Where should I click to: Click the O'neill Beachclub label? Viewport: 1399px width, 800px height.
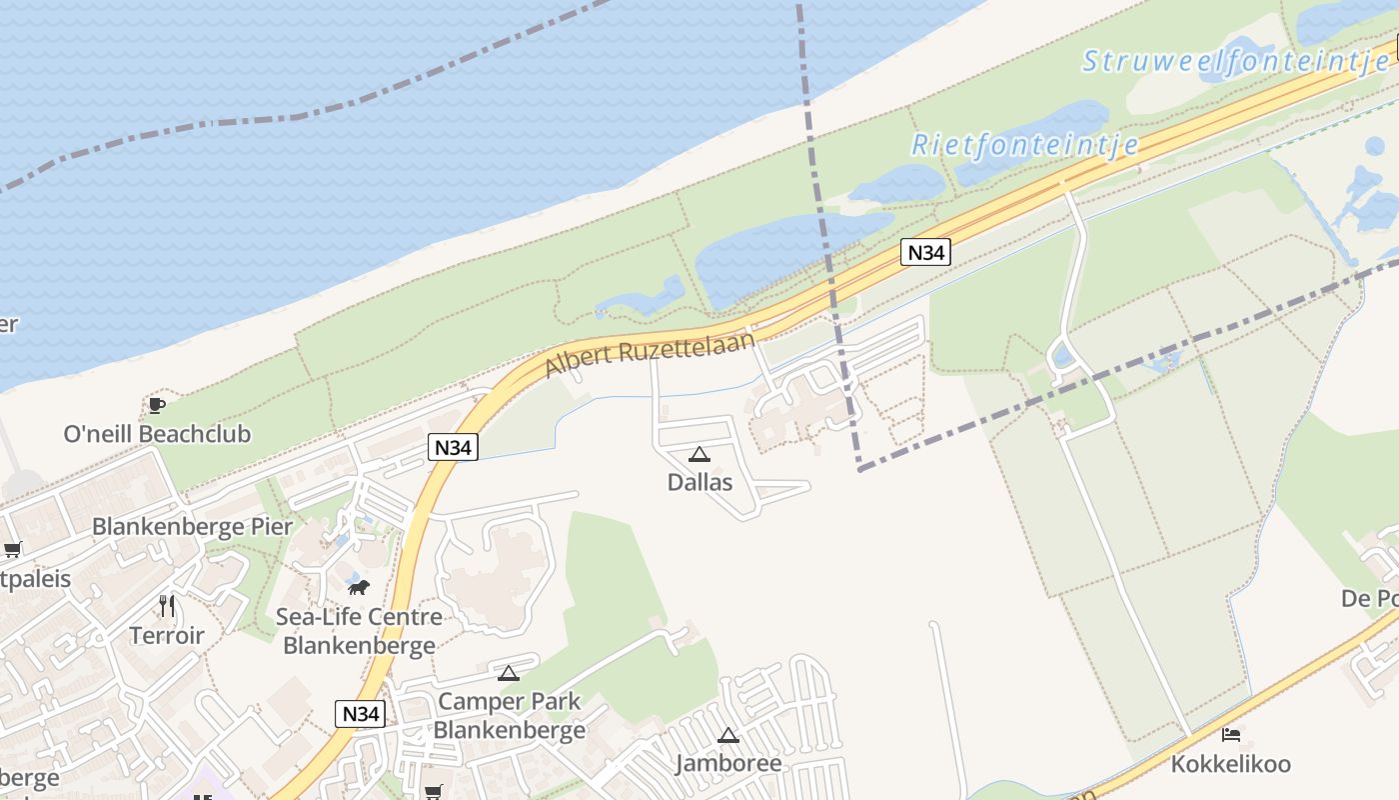coord(157,434)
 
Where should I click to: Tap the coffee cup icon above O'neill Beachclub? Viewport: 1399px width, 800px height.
coord(156,405)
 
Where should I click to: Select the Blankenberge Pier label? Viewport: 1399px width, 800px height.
coord(192,526)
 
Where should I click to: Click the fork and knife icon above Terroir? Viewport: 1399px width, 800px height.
coord(167,605)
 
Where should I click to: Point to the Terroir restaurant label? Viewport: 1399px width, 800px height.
coord(167,635)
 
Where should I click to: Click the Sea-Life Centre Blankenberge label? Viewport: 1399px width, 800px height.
coord(359,631)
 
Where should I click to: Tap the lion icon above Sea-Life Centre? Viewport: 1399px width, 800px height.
coord(359,587)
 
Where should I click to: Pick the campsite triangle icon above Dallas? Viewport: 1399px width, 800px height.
coord(699,454)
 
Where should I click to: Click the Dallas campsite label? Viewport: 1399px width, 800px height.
coord(699,482)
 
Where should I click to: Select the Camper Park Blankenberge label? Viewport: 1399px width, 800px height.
coord(509,715)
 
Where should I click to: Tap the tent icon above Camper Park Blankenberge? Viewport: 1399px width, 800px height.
coord(509,673)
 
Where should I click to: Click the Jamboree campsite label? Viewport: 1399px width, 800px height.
coord(728,764)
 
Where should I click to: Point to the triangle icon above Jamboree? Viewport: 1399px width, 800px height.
coord(728,735)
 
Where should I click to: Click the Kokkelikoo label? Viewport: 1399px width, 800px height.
coord(1230,764)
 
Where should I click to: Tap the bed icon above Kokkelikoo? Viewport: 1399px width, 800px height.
coord(1231,735)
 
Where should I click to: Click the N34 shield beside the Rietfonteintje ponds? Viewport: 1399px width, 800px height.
coord(925,253)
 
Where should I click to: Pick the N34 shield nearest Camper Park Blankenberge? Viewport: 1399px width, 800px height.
coord(360,714)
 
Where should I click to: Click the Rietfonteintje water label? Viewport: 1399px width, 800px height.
coord(1024,145)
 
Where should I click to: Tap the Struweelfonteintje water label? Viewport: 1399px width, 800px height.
coord(1235,61)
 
